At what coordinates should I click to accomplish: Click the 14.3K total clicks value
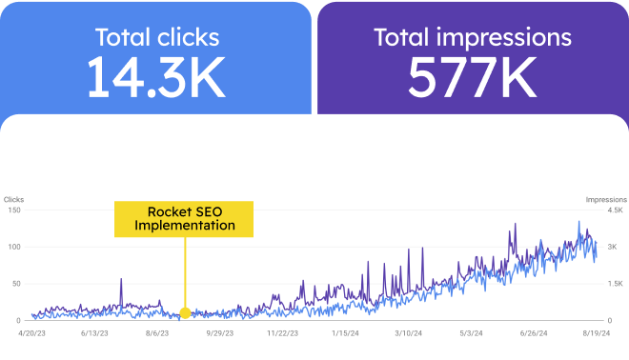click(x=156, y=80)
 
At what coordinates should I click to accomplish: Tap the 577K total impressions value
click(x=472, y=80)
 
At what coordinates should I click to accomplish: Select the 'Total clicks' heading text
click(x=156, y=38)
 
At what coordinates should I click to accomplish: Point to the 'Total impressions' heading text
click(x=473, y=38)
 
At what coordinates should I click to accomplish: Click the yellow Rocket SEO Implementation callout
click(x=184, y=218)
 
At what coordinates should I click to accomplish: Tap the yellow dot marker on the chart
click(x=185, y=312)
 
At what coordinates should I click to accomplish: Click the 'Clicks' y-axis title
click(x=14, y=199)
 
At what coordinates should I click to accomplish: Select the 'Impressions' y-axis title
click(x=605, y=199)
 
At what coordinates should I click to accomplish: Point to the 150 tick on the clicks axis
click(x=14, y=210)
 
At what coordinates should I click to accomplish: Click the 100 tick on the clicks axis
click(x=14, y=247)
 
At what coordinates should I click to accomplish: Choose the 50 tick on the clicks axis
click(x=16, y=284)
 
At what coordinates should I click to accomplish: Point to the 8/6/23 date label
click(x=157, y=333)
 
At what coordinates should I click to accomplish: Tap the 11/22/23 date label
click(x=283, y=333)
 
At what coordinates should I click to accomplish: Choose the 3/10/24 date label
click(x=408, y=333)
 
